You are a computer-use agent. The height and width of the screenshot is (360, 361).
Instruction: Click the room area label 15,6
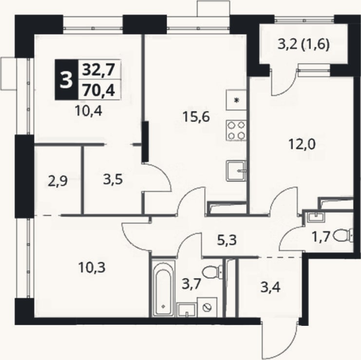coord(196,117)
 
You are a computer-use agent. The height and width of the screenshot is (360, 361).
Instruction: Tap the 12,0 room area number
coord(302,144)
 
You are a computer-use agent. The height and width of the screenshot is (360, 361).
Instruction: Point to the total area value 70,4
coord(98,90)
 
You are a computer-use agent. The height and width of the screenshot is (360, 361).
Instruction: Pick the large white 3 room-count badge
coord(66,80)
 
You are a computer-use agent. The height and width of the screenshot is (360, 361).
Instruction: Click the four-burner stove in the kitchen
coord(236,130)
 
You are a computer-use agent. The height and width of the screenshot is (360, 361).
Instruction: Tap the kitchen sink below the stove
coord(236,171)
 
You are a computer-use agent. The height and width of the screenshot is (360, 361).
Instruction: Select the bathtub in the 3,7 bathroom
coord(163,289)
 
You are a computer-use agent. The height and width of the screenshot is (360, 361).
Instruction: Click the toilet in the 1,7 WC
coord(343,236)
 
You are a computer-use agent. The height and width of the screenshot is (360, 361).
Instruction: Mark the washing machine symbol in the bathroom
coord(207,307)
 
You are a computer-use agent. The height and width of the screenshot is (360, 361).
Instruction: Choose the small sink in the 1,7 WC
coord(315,217)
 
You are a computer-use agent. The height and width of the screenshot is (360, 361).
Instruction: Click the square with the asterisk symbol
coord(236,100)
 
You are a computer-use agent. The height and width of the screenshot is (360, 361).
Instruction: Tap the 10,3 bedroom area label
coord(92,267)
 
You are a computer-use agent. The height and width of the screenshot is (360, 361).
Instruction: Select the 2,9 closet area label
coord(57,180)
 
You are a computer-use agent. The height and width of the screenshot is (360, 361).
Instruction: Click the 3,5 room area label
coord(113,180)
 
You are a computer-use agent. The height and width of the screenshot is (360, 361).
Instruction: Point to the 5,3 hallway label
coord(227,240)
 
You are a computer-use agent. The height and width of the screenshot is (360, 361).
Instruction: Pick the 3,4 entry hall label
coord(270,287)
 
